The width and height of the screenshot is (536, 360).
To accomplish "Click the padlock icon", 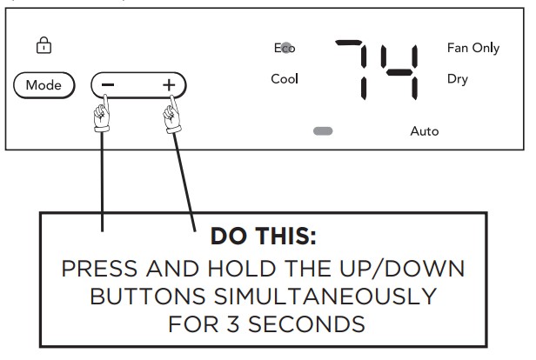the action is pyautogui.click(x=44, y=45).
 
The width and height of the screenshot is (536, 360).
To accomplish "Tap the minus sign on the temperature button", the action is pyautogui.click(x=108, y=84).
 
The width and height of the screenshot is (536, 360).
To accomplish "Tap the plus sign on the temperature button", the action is pyautogui.click(x=169, y=84).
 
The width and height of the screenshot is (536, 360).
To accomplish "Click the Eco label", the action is pyautogui.click(x=285, y=48).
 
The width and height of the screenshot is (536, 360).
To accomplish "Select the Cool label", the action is pyautogui.click(x=285, y=79).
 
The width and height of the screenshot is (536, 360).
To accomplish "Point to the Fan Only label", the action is pyautogui.click(x=473, y=48).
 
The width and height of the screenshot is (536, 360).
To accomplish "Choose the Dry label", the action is pyautogui.click(x=458, y=79).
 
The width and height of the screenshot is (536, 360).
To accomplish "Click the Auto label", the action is pyautogui.click(x=425, y=131).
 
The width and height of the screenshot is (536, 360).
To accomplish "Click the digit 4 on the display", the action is pyautogui.click(x=399, y=72).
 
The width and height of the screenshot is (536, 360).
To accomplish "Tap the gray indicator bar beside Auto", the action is pyautogui.click(x=323, y=131).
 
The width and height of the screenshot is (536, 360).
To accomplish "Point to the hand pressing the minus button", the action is pyautogui.click(x=102, y=114).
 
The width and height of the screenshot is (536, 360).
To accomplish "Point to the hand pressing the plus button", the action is pyautogui.click(x=172, y=115).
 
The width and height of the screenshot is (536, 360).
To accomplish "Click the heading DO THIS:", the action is pyautogui.click(x=263, y=236).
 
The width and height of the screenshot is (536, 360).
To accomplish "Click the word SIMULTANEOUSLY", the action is pyautogui.click(x=325, y=297).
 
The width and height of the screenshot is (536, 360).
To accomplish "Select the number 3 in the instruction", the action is pyautogui.click(x=233, y=324).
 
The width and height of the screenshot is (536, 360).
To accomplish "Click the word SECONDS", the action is pyautogui.click(x=306, y=324).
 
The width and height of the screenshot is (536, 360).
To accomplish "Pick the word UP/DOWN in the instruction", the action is pyautogui.click(x=402, y=269).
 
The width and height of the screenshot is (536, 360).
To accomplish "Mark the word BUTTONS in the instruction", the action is pyautogui.click(x=148, y=297).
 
